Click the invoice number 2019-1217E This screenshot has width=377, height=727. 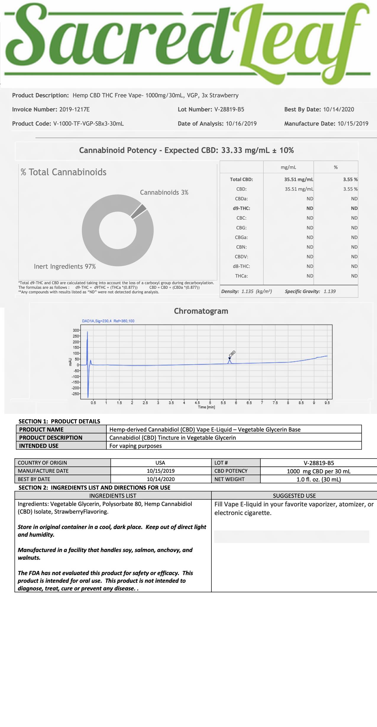pos(74,110)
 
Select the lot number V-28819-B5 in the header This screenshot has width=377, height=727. pos(229,110)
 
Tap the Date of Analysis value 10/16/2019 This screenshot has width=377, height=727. pos(241,124)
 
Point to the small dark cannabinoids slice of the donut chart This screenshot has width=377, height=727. pos(139,211)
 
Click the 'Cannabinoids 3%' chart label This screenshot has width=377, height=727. pos(164,192)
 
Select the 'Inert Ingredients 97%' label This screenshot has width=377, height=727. pos(65,266)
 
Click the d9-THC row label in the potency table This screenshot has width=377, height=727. pos(241,208)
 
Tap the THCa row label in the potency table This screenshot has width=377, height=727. pos(241,276)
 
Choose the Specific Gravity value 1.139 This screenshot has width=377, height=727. pos(329,291)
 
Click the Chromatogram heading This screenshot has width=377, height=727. pos(201,311)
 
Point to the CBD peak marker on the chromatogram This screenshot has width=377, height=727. pos(229,358)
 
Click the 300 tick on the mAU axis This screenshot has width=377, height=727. pos(76,330)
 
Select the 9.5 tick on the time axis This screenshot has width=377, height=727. pos(327,403)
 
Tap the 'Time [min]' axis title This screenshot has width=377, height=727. pos(206,407)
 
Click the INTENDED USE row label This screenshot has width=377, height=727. pos(39,446)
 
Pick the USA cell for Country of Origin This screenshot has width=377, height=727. pos(160,463)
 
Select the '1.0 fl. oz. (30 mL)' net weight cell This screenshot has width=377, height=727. pos(318,479)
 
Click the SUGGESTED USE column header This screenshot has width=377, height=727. pos(294,496)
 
